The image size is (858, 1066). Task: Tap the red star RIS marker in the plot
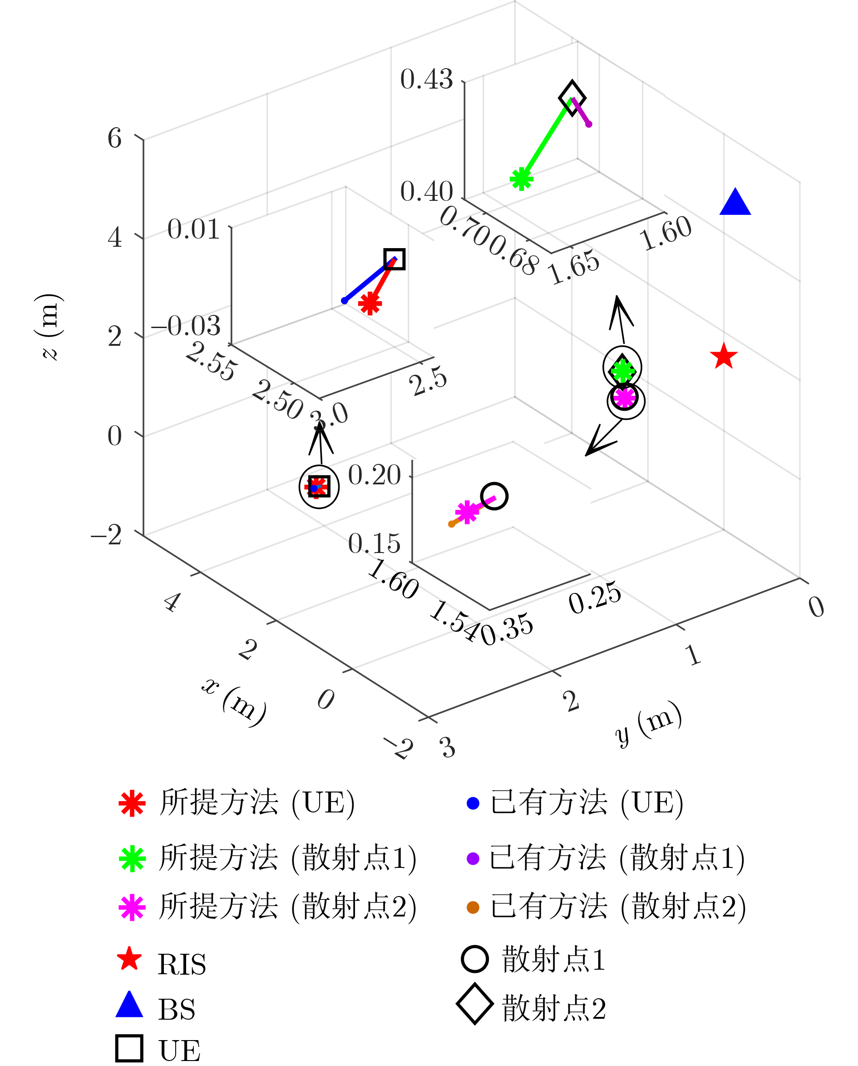[724, 356]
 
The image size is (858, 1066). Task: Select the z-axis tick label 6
[115, 138]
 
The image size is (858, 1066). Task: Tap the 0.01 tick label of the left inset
[194, 229]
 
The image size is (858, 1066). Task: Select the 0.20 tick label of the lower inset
[375, 475]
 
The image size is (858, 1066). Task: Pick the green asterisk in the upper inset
[522, 179]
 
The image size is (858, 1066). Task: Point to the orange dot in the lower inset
[451, 524]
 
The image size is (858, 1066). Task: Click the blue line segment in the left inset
[369, 280]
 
